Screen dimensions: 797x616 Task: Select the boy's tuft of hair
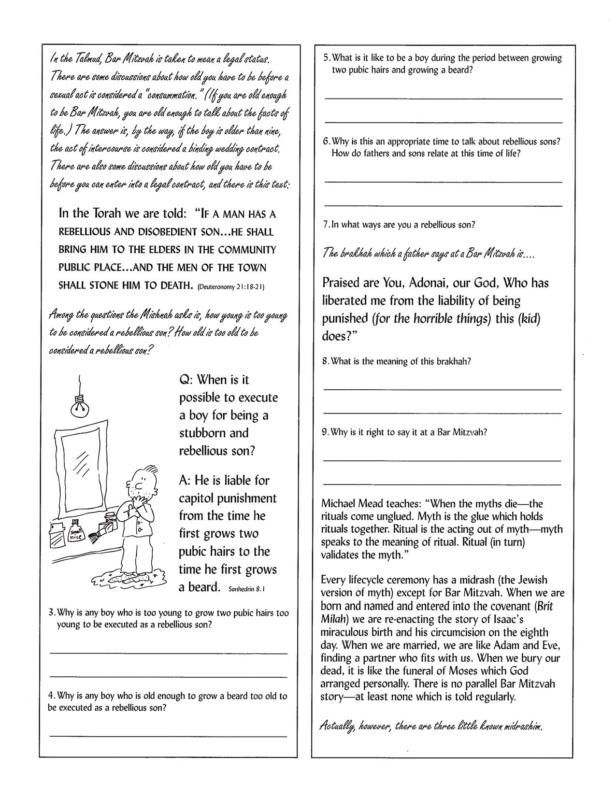pos(151,470)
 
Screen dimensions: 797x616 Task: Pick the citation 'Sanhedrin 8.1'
pos(246,589)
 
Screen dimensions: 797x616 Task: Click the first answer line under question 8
pos(442,389)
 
